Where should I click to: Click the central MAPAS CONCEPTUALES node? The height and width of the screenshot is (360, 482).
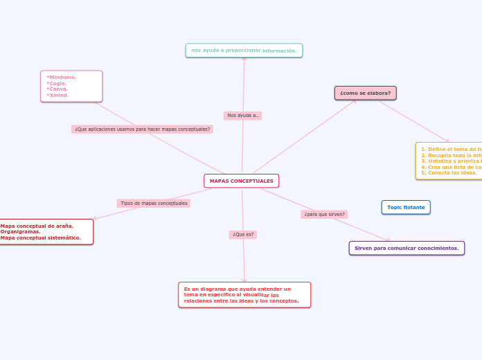pos(241,181)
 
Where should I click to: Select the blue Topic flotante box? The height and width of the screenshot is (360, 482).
pos(406,207)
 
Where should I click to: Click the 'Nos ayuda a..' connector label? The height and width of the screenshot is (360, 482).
pos(242,116)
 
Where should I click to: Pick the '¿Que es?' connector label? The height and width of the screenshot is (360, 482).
pos(243,235)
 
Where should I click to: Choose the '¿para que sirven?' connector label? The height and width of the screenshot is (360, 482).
pos(324,215)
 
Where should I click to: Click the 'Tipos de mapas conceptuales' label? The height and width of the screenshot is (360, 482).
pos(154,204)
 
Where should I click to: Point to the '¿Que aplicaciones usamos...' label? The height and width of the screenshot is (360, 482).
pos(142,129)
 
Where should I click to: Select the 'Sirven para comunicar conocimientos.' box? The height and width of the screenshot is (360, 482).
pos(407,248)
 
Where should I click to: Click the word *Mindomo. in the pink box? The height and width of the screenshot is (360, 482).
pos(62,78)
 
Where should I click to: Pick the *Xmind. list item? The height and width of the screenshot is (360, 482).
pos(58,95)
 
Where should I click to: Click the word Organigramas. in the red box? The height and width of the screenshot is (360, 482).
pos(20,232)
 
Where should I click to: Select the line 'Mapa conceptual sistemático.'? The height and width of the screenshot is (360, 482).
pos(40,238)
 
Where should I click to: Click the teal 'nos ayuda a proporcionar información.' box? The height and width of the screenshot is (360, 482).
pos(244,51)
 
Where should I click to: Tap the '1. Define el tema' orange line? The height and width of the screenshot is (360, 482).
pos(450,150)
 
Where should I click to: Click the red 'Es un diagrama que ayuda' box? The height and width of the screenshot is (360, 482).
pos(244,294)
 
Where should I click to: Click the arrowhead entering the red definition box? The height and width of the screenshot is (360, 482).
pos(244,280)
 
